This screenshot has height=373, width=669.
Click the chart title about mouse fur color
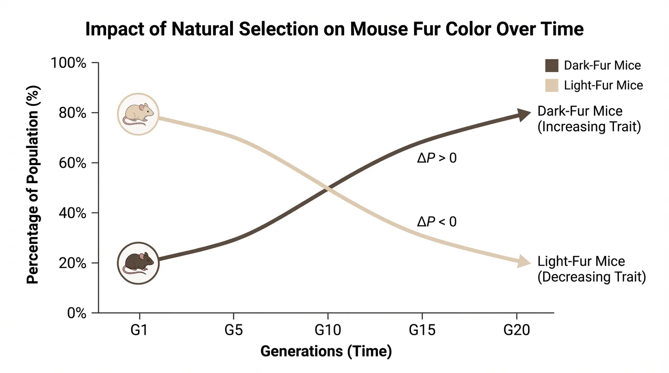[x=334, y=30]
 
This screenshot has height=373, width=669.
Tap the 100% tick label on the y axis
[x=69, y=64]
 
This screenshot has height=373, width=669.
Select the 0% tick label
[x=77, y=313]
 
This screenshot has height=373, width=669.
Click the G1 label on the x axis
[x=140, y=330]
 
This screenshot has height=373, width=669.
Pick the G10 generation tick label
[x=327, y=330]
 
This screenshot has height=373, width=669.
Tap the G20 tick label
[x=516, y=330]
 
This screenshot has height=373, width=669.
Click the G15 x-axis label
[x=422, y=330]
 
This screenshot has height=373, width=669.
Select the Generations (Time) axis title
[x=326, y=351]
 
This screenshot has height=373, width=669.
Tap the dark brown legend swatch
[x=551, y=66]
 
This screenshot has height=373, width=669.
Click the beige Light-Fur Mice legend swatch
[x=551, y=85]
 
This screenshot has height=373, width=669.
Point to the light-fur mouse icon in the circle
[x=139, y=114]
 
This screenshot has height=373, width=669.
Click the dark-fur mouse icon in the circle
[x=139, y=263]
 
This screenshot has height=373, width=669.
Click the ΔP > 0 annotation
[x=437, y=158]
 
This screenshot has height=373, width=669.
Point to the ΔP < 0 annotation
[x=437, y=222]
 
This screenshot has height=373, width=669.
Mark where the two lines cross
[x=327, y=188]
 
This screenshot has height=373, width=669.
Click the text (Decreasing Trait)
[x=592, y=277]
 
